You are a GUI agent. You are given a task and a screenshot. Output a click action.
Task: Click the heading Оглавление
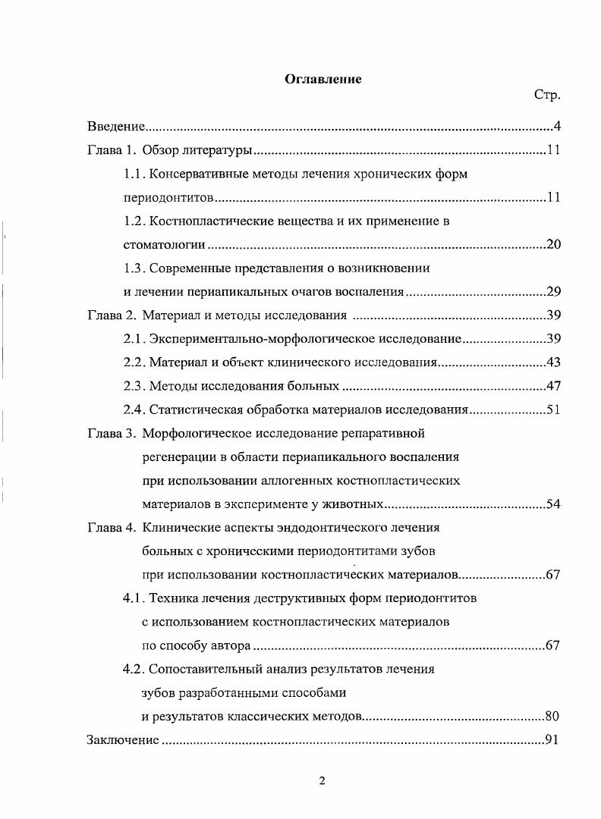[x=323, y=79]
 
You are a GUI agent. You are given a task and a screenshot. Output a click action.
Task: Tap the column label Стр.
[x=547, y=96]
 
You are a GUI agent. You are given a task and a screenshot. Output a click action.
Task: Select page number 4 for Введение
[x=556, y=125]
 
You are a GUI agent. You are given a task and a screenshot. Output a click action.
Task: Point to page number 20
[x=553, y=245]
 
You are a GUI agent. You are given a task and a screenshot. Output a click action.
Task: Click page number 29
[x=553, y=292]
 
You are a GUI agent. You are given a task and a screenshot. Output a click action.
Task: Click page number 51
[x=553, y=410]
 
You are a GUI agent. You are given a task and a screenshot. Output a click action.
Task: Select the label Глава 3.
[x=111, y=434]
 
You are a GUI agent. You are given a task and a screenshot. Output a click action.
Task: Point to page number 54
[x=553, y=504]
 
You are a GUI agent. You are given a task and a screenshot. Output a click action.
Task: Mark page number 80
[x=553, y=716]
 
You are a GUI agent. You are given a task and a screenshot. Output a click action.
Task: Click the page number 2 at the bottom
[x=322, y=781]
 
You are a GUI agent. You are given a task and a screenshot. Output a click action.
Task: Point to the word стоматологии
[x=165, y=245]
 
